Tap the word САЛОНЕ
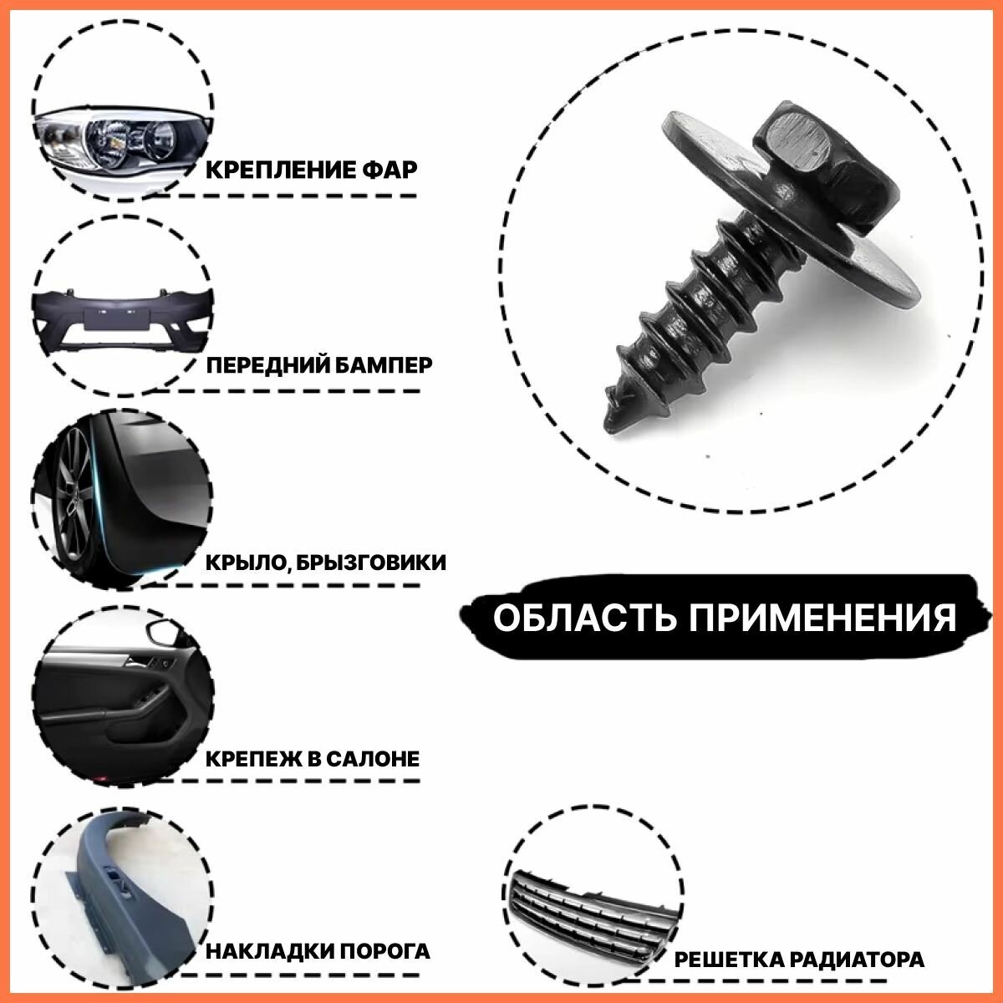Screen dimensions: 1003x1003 point(372,760)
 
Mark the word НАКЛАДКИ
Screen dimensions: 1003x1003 point(270,952)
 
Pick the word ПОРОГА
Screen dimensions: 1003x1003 point(385,952)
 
